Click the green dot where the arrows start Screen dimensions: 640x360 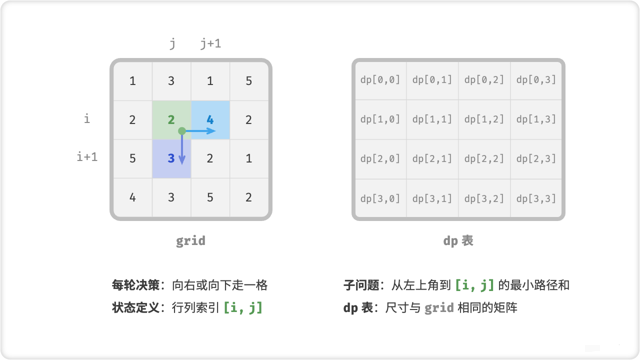click(x=182, y=131)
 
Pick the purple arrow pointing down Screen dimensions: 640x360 click(x=182, y=150)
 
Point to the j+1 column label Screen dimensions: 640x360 click(x=210, y=43)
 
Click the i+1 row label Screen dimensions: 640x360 click(x=87, y=156)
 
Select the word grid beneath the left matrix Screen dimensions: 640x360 click(x=190, y=240)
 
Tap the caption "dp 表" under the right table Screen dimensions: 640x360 click(x=458, y=240)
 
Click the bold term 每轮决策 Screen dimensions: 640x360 click(x=135, y=285)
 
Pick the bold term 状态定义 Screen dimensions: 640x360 click(x=135, y=307)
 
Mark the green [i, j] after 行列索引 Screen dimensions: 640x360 click(x=243, y=307)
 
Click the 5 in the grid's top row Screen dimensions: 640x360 click(x=248, y=80)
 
